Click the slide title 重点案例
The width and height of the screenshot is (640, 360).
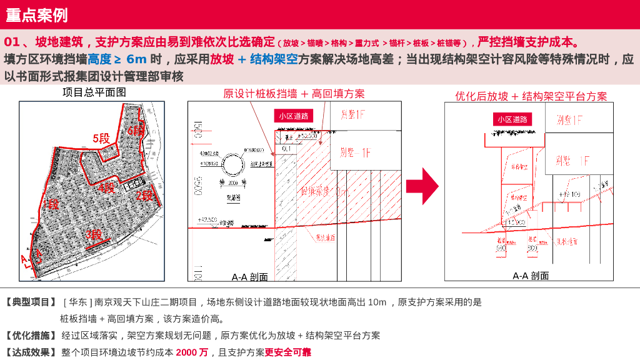[x=36, y=15]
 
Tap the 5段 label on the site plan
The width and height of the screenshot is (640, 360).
[x=101, y=139]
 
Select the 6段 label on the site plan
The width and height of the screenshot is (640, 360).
[x=136, y=131]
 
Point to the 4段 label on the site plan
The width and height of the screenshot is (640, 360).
[x=106, y=187]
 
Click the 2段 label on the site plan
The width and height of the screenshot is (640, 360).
[x=144, y=195]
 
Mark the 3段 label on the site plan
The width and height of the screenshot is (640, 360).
[x=94, y=235]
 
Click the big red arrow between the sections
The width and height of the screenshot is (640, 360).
[x=422, y=186]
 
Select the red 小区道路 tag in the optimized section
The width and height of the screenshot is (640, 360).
[x=512, y=119]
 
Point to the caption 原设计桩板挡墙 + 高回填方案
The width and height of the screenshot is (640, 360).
[x=294, y=94]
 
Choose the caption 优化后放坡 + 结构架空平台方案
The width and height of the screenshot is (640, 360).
[x=531, y=96]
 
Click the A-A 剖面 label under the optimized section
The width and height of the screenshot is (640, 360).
[x=531, y=276]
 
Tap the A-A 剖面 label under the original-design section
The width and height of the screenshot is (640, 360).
[x=249, y=277]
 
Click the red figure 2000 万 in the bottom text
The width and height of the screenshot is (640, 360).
[x=192, y=352]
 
